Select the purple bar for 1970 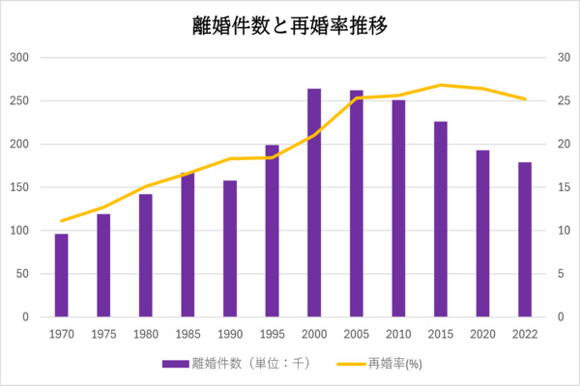[x=61, y=275]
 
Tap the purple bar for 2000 [x=314, y=203]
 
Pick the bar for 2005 [x=356, y=204]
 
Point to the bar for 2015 [x=441, y=219]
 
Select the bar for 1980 [x=145, y=256]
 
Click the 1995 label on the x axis [x=272, y=333]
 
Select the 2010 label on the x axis [x=398, y=333]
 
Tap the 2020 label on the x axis [x=482, y=333]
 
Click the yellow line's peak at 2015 [x=441, y=85]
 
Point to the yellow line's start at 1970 [x=61, y=221]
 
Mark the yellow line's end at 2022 [x=525, y=98]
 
